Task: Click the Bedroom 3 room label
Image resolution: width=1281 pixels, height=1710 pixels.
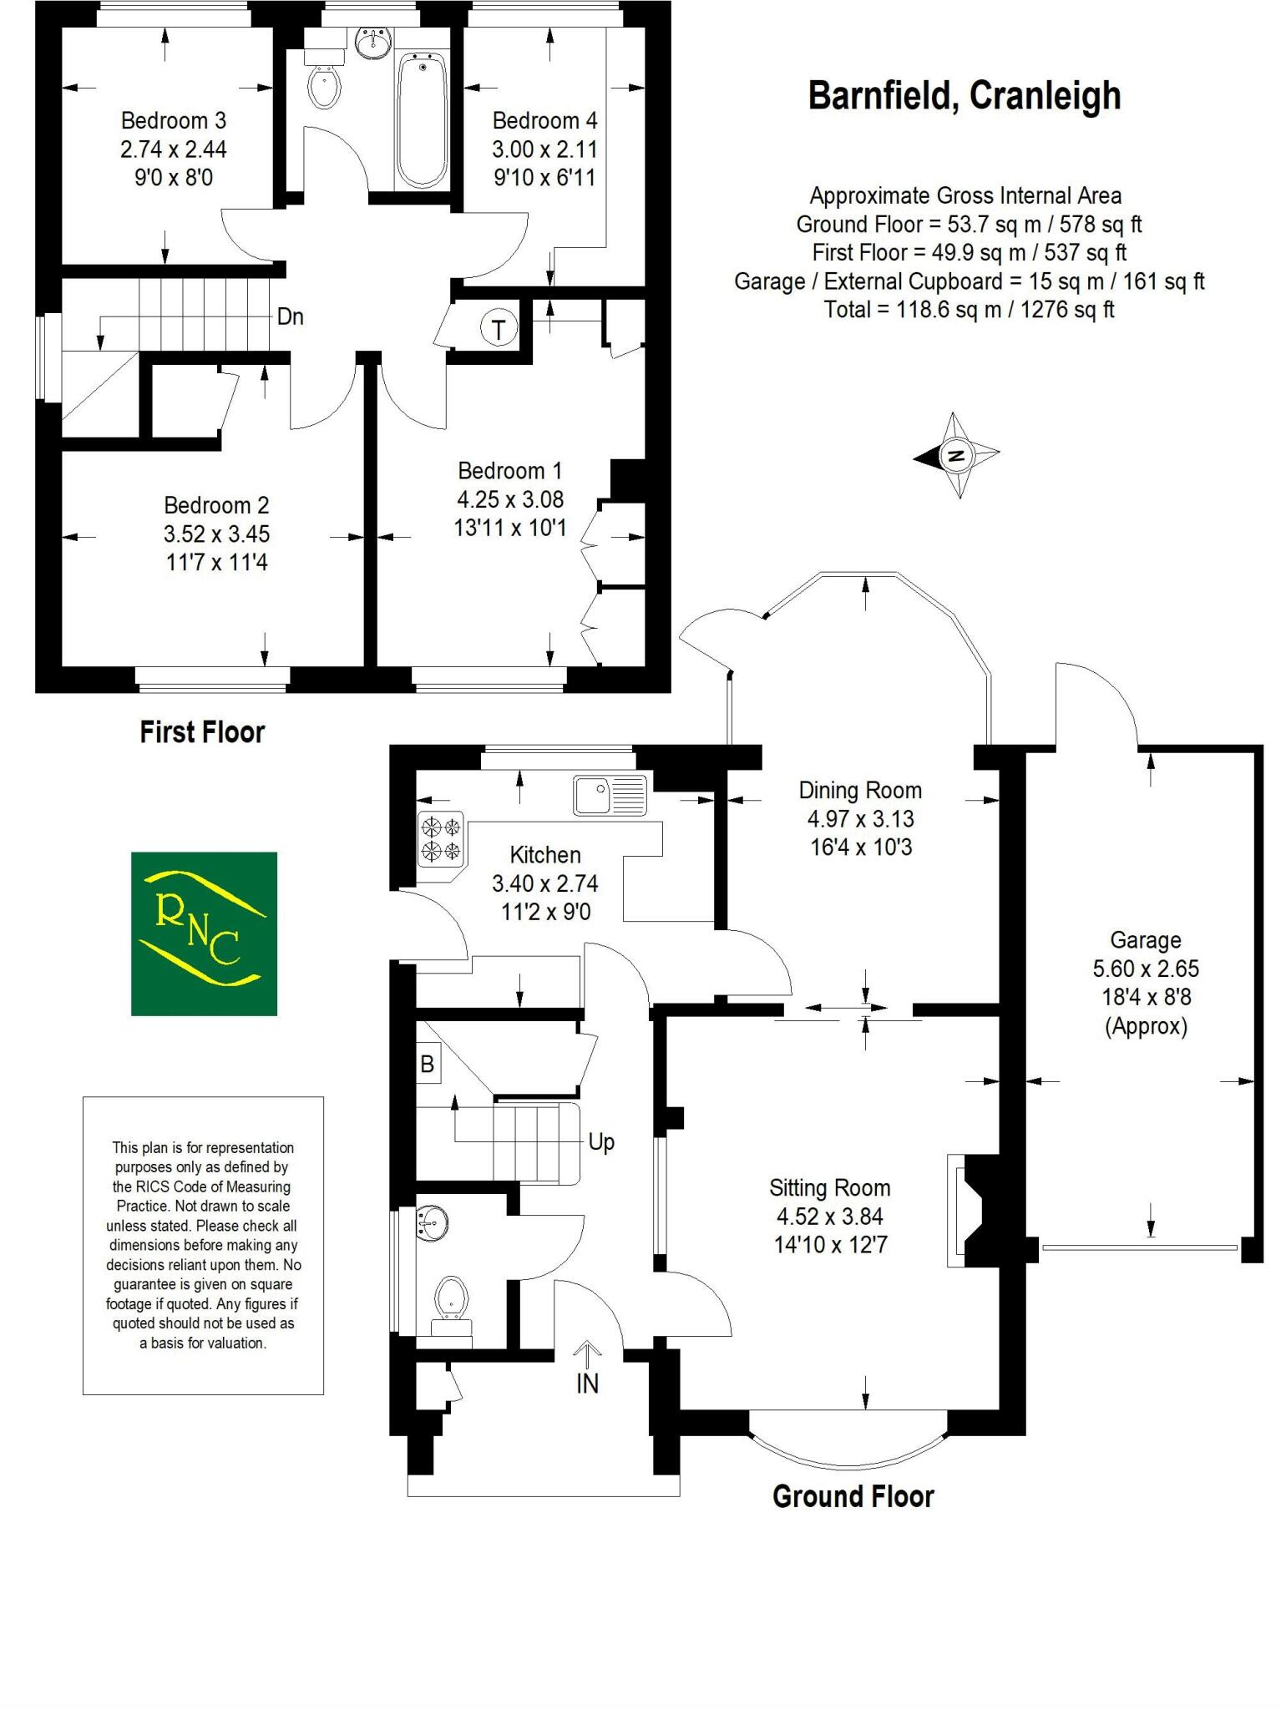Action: [173, 121]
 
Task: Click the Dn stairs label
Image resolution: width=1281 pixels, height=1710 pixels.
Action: [290, 317]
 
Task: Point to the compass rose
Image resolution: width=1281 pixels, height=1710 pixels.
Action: [957, 456]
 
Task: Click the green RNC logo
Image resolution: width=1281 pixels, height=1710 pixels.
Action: [204, 933]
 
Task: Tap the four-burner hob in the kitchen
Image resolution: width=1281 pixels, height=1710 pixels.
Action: [441, 839]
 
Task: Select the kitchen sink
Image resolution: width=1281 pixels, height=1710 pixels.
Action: [610, 794]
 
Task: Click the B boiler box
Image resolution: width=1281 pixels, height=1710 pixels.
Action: [428, 1065]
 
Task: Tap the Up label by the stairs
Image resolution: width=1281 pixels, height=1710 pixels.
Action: [601, 1141]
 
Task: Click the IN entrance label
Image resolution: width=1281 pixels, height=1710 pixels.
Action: [587, 1384]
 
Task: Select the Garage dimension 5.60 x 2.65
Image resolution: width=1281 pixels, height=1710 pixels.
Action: [1145, 969]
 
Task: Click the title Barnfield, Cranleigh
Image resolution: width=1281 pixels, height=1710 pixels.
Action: [964, 96]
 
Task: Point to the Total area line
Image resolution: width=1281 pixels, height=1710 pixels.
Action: [969, 310]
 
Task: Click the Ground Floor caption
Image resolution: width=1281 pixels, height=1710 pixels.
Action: [853, 1496]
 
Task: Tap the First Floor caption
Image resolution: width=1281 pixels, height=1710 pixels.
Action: [202, 732]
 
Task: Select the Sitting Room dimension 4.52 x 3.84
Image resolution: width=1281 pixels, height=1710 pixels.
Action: [829, 1217]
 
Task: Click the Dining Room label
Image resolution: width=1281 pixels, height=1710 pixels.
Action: [860, 790]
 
